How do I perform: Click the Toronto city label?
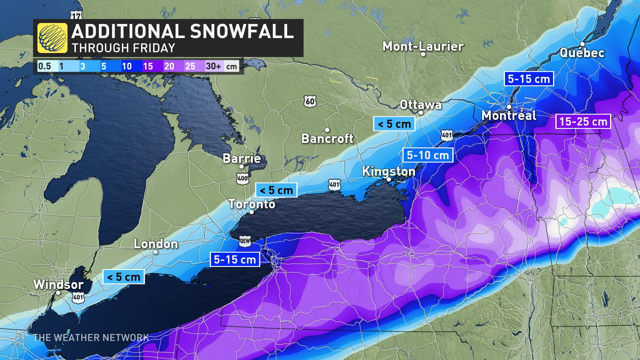click(x=252, y=204)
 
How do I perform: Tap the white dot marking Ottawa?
click(x=421, y=113)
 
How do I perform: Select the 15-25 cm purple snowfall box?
click(x=583, y=122)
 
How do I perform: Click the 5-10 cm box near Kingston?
click(x=428, y=155)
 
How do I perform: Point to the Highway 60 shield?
click(x=310, y=101)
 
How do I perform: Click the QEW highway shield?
click(x=245, y=241)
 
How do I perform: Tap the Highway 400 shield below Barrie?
click(x=242, y=178)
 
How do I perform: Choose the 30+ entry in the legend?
click(x=213, y=66)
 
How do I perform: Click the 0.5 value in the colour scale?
click(x=44, y=66)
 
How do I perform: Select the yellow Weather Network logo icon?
click(x=52, y=38)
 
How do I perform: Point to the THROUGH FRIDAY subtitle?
click(x=123, y=48)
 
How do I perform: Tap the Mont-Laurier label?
click(x=423, y=46)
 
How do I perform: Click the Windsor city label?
click(x=58, y=284)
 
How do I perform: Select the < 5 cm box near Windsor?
click(x=124, y=277)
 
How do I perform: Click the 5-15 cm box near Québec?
click(x=529, y=79)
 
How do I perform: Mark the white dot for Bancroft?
click(x=327, y=130)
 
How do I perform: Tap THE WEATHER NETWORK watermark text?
click(x=91, y=338)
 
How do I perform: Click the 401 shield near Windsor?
click(x=78, y=297)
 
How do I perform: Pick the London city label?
click(x=156, y=244)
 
